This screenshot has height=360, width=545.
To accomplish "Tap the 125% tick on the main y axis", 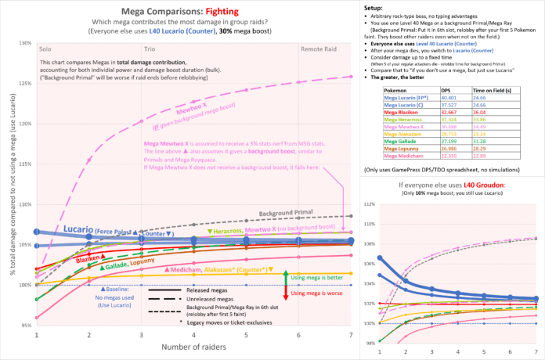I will (25, 82).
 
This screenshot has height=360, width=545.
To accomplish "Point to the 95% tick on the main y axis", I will (27, 324).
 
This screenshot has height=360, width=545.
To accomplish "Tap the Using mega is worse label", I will (320, 293).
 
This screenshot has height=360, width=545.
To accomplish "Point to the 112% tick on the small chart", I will (376, 204).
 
